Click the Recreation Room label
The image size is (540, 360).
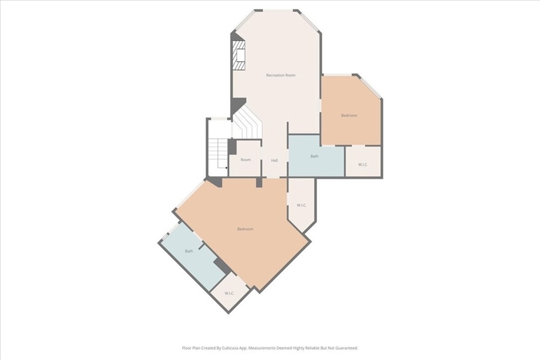tap(281, 75)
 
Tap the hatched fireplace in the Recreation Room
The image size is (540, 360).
tap(238, 55)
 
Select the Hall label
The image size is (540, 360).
tap(274, 160)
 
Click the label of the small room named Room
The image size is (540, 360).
tap(246, 160)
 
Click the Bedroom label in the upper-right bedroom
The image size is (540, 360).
tap(349, 115)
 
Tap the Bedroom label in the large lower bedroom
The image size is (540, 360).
tap(245, 229)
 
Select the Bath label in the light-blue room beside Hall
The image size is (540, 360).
tap(314, 156)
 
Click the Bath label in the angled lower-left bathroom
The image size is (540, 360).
tap(189, 251)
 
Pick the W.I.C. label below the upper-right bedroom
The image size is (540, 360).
tap(363, 164)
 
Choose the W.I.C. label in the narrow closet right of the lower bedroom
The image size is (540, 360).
tap(302, 206)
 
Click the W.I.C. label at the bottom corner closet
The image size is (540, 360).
tap(229, 293)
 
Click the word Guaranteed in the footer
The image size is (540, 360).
tap(348, 348)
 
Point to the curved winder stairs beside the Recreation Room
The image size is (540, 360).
tap(247, 122)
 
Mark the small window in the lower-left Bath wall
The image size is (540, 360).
tap(165, 237)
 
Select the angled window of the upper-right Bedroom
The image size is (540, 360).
tap(370, 87)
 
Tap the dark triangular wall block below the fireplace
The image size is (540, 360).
tap(239, 104)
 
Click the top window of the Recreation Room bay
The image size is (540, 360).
tap(278, 11)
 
